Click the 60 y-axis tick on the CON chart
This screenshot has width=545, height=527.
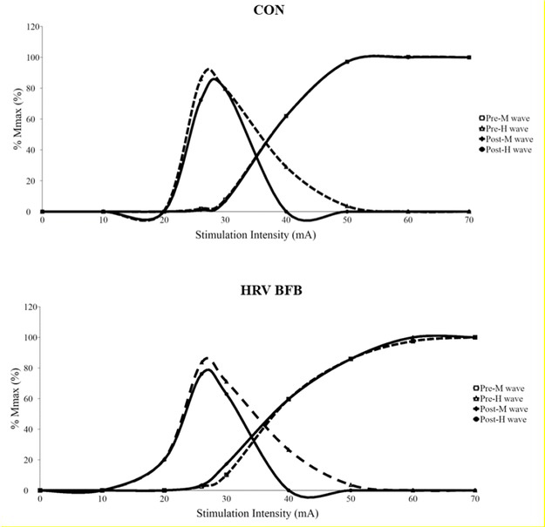(32, 119)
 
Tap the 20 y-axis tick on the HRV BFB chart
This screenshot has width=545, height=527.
(32, 460)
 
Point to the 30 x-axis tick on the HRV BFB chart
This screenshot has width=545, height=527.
(225, 499)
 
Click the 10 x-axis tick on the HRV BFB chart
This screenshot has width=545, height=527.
(102, 499)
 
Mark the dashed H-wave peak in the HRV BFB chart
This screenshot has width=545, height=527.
(206, 357)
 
